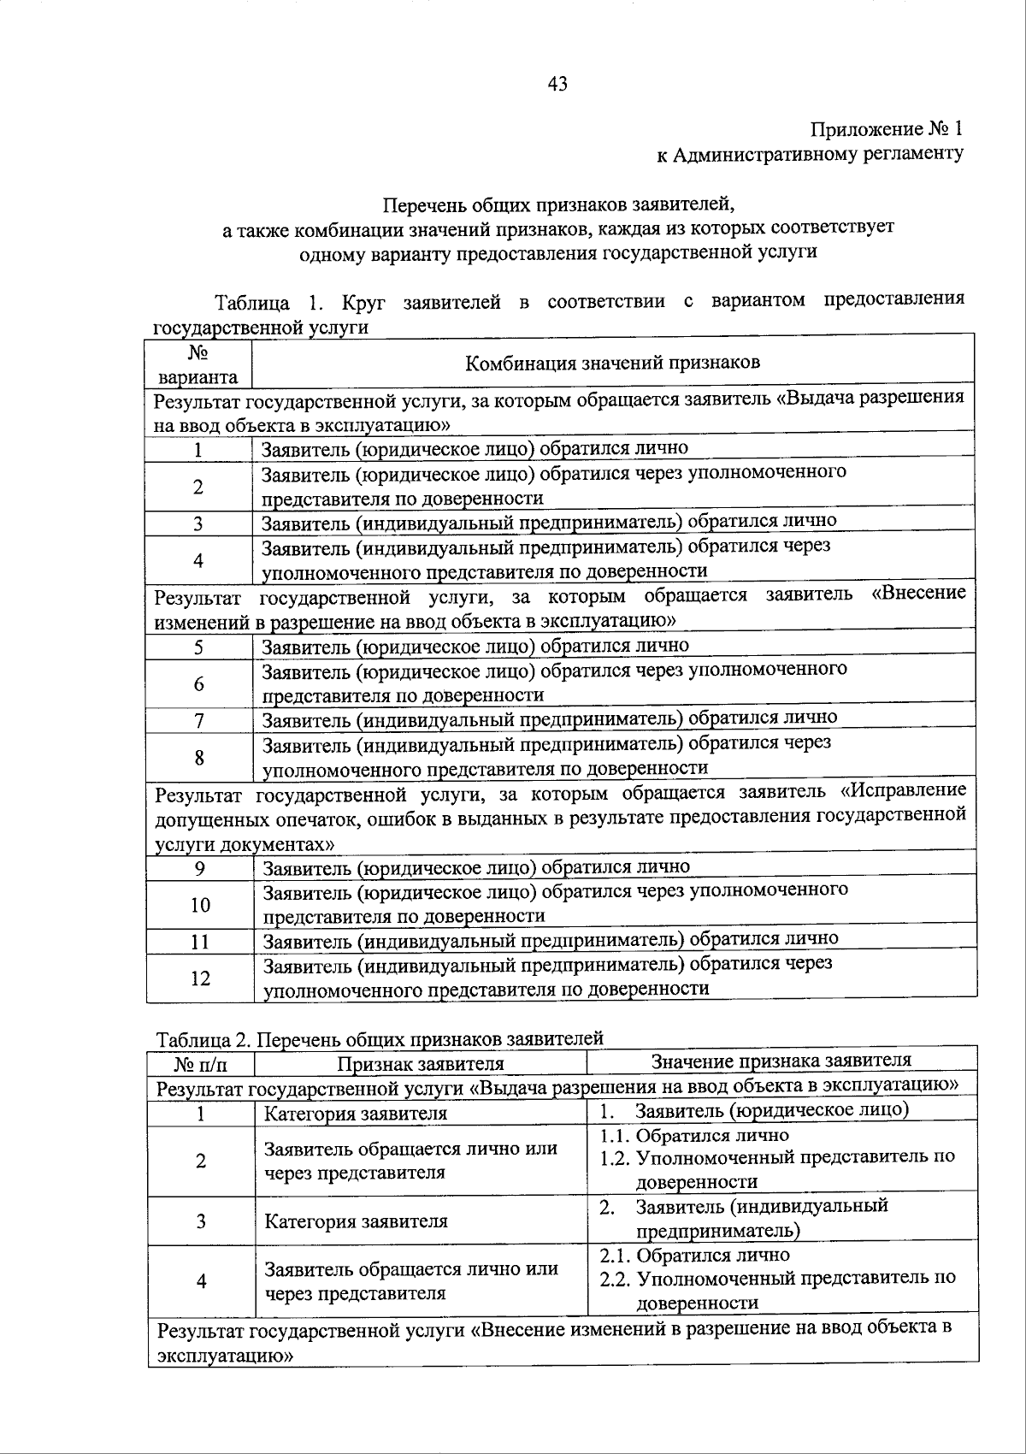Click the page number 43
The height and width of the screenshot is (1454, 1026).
click(x=557, y=83)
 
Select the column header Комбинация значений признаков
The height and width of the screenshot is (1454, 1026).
click(x=612, y=363)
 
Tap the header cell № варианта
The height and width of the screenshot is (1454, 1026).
click(x=198, y=364)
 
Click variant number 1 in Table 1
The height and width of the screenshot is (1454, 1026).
click(x=198, y=450)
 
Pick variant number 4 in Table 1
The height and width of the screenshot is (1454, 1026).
click(x=198, y=560)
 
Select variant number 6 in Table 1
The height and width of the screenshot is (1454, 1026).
click(x=198, y=683)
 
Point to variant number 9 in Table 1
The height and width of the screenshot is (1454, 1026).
click(x=199, y=868)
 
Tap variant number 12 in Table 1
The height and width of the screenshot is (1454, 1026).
click(x=200, y=978)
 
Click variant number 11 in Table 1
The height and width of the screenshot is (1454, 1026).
click(x=200, y=942)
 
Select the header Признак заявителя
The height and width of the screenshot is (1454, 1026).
click(x=420, y=1064)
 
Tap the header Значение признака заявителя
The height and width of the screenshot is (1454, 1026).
click(x=781, y=1061)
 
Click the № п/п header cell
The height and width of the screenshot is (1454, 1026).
click(x=201, y=1065)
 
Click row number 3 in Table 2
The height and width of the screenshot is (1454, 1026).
click(x=201, y=1221)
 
